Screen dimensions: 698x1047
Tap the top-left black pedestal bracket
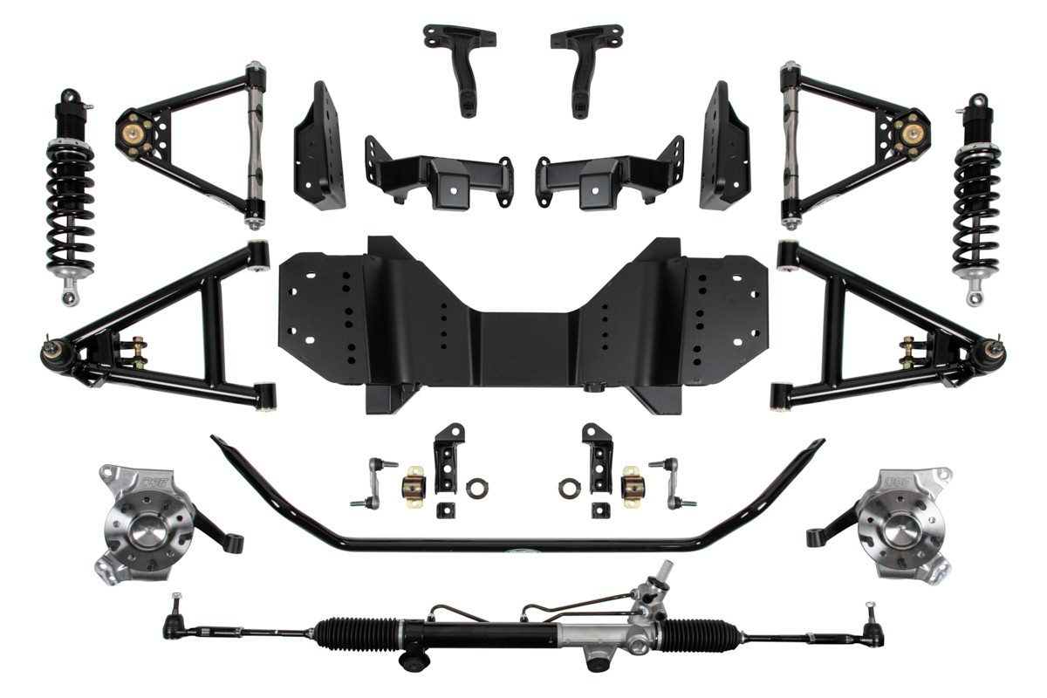click(x=460, y=65)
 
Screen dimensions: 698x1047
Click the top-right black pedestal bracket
click(x=585, y=65)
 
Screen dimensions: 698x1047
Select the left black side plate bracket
click(x=318, y=148)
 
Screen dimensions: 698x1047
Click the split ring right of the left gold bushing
click(x=476, y=488)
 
